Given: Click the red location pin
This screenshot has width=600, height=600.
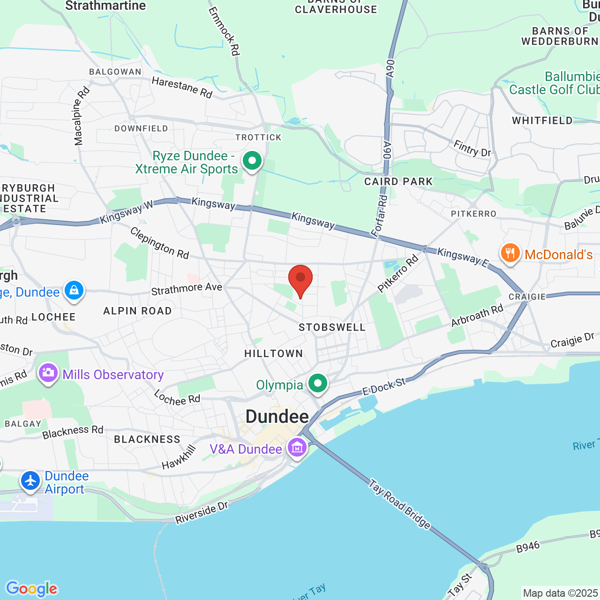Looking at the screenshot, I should coord(300,279).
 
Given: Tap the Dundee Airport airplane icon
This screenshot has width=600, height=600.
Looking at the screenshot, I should coord(30,481).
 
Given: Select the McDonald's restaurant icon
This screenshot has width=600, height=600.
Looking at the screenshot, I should coord(510,254).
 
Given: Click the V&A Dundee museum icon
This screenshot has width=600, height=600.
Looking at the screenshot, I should coord(297,448).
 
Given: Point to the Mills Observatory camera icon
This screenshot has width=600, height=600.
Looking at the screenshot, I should coord(48,373).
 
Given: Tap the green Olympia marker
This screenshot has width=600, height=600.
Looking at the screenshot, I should coord(318,383).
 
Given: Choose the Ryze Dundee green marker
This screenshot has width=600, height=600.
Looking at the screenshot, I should coord(252,161).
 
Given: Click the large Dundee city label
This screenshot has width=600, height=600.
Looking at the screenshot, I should coord(277,417).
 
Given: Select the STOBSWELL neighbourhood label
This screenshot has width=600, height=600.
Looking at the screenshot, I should coord(332,327).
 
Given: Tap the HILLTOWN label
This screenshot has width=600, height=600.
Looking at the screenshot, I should coord(274,353).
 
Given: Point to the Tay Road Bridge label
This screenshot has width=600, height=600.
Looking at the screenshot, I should coord(399,503).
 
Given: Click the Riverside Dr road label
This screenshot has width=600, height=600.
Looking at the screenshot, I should coord(202,513).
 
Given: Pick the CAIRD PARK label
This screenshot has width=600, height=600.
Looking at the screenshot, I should coord(398,181).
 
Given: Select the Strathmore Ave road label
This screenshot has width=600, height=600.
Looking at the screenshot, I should coord(187,289).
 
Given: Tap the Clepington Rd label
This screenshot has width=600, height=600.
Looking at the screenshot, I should coord(159,243).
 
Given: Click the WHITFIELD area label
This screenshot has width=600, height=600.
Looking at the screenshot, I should coord(542,120).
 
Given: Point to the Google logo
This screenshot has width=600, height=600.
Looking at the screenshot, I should coord(32,589).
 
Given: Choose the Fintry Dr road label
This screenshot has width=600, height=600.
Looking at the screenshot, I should coord(472,149).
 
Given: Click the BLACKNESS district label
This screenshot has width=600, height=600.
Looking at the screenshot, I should coord(147,439).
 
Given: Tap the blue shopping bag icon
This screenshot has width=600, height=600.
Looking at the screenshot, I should coord(74,291).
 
